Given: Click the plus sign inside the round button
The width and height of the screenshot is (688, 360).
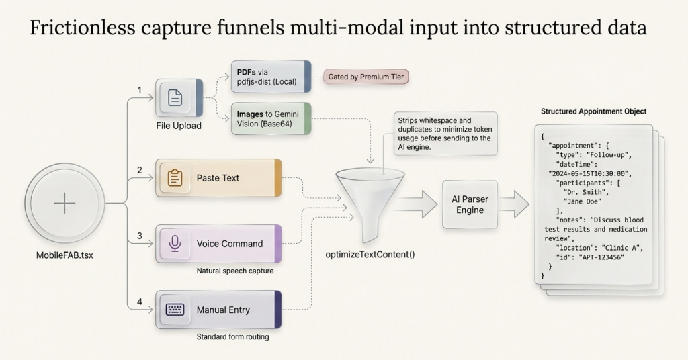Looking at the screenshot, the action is (64, 203).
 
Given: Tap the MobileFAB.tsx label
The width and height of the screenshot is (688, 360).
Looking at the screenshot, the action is (64, 255).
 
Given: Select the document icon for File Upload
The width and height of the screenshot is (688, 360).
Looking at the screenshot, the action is (175, 98).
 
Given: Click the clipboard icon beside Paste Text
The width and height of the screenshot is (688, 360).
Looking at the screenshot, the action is (175, 178).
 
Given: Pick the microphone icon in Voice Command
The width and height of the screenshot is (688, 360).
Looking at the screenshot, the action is (175, 244).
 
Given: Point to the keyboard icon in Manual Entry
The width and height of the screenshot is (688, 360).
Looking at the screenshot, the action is (175, 310).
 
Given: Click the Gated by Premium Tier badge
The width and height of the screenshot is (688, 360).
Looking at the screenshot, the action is (366, 77).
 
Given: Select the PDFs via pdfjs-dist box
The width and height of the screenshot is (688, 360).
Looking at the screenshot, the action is (271, 77).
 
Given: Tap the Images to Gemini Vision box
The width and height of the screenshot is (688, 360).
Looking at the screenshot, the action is (271, 119).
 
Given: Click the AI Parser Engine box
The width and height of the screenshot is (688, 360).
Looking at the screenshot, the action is (470, 204).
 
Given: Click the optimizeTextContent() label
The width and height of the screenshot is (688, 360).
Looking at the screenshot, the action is (370, 255).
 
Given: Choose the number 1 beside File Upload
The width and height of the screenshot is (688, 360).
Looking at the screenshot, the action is (140, 90).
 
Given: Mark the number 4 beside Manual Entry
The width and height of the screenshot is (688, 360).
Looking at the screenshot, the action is (140, 302).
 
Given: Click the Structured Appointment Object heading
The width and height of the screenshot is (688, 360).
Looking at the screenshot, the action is (594, 111).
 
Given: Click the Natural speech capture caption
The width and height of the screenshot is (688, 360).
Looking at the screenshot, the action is (235, 271).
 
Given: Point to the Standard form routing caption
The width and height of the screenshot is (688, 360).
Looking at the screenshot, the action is (232, 336).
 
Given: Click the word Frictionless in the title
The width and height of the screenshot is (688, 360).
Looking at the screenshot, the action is (83, 28).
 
